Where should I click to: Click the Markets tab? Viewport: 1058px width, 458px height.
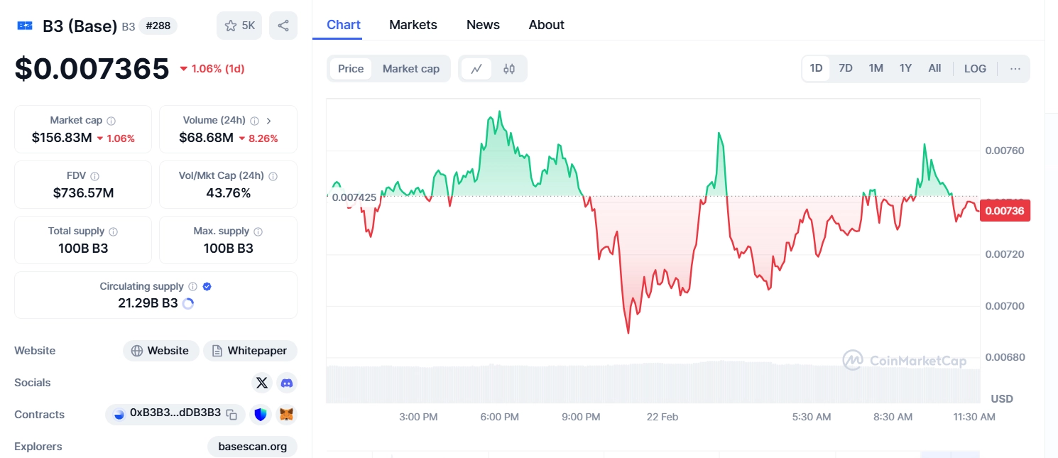click(x=413, y=25)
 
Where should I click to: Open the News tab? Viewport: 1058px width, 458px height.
click(x=483, y=25)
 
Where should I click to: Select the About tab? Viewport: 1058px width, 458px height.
click(x=546, y=25)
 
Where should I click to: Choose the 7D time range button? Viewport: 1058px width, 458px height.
click(x=845, y=68)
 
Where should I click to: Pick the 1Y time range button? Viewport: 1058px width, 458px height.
click(x=905, y=68)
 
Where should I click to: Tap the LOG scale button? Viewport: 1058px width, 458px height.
click(x=975, y=69)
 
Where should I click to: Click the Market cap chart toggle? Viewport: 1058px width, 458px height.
click(x=410, y=69)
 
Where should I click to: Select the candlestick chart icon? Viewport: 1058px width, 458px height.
click(x=509, y=69)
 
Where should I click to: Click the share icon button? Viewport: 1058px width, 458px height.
click(x=283, y=26)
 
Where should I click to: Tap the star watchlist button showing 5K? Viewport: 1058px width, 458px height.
click(x=239, y=26)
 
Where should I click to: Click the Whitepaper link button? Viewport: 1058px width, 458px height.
click(x=250, y=351)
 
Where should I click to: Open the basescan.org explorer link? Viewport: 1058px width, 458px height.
click(x=252, y=447)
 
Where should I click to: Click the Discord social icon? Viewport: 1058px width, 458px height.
click(x=287, y=383)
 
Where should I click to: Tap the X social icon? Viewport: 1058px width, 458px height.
click(x=262, y=383)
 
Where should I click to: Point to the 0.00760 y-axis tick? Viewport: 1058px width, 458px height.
click(x=1005, y=151)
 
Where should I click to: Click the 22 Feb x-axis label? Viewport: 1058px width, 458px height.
click(x=662, y=417)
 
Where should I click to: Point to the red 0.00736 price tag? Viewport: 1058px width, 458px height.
click(x=1004, y=210)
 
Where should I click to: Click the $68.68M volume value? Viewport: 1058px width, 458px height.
click(x=206, y=138)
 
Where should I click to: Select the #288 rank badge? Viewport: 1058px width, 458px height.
click(x=158, y=26)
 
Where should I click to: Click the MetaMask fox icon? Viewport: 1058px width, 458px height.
click(x=286, y=414)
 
